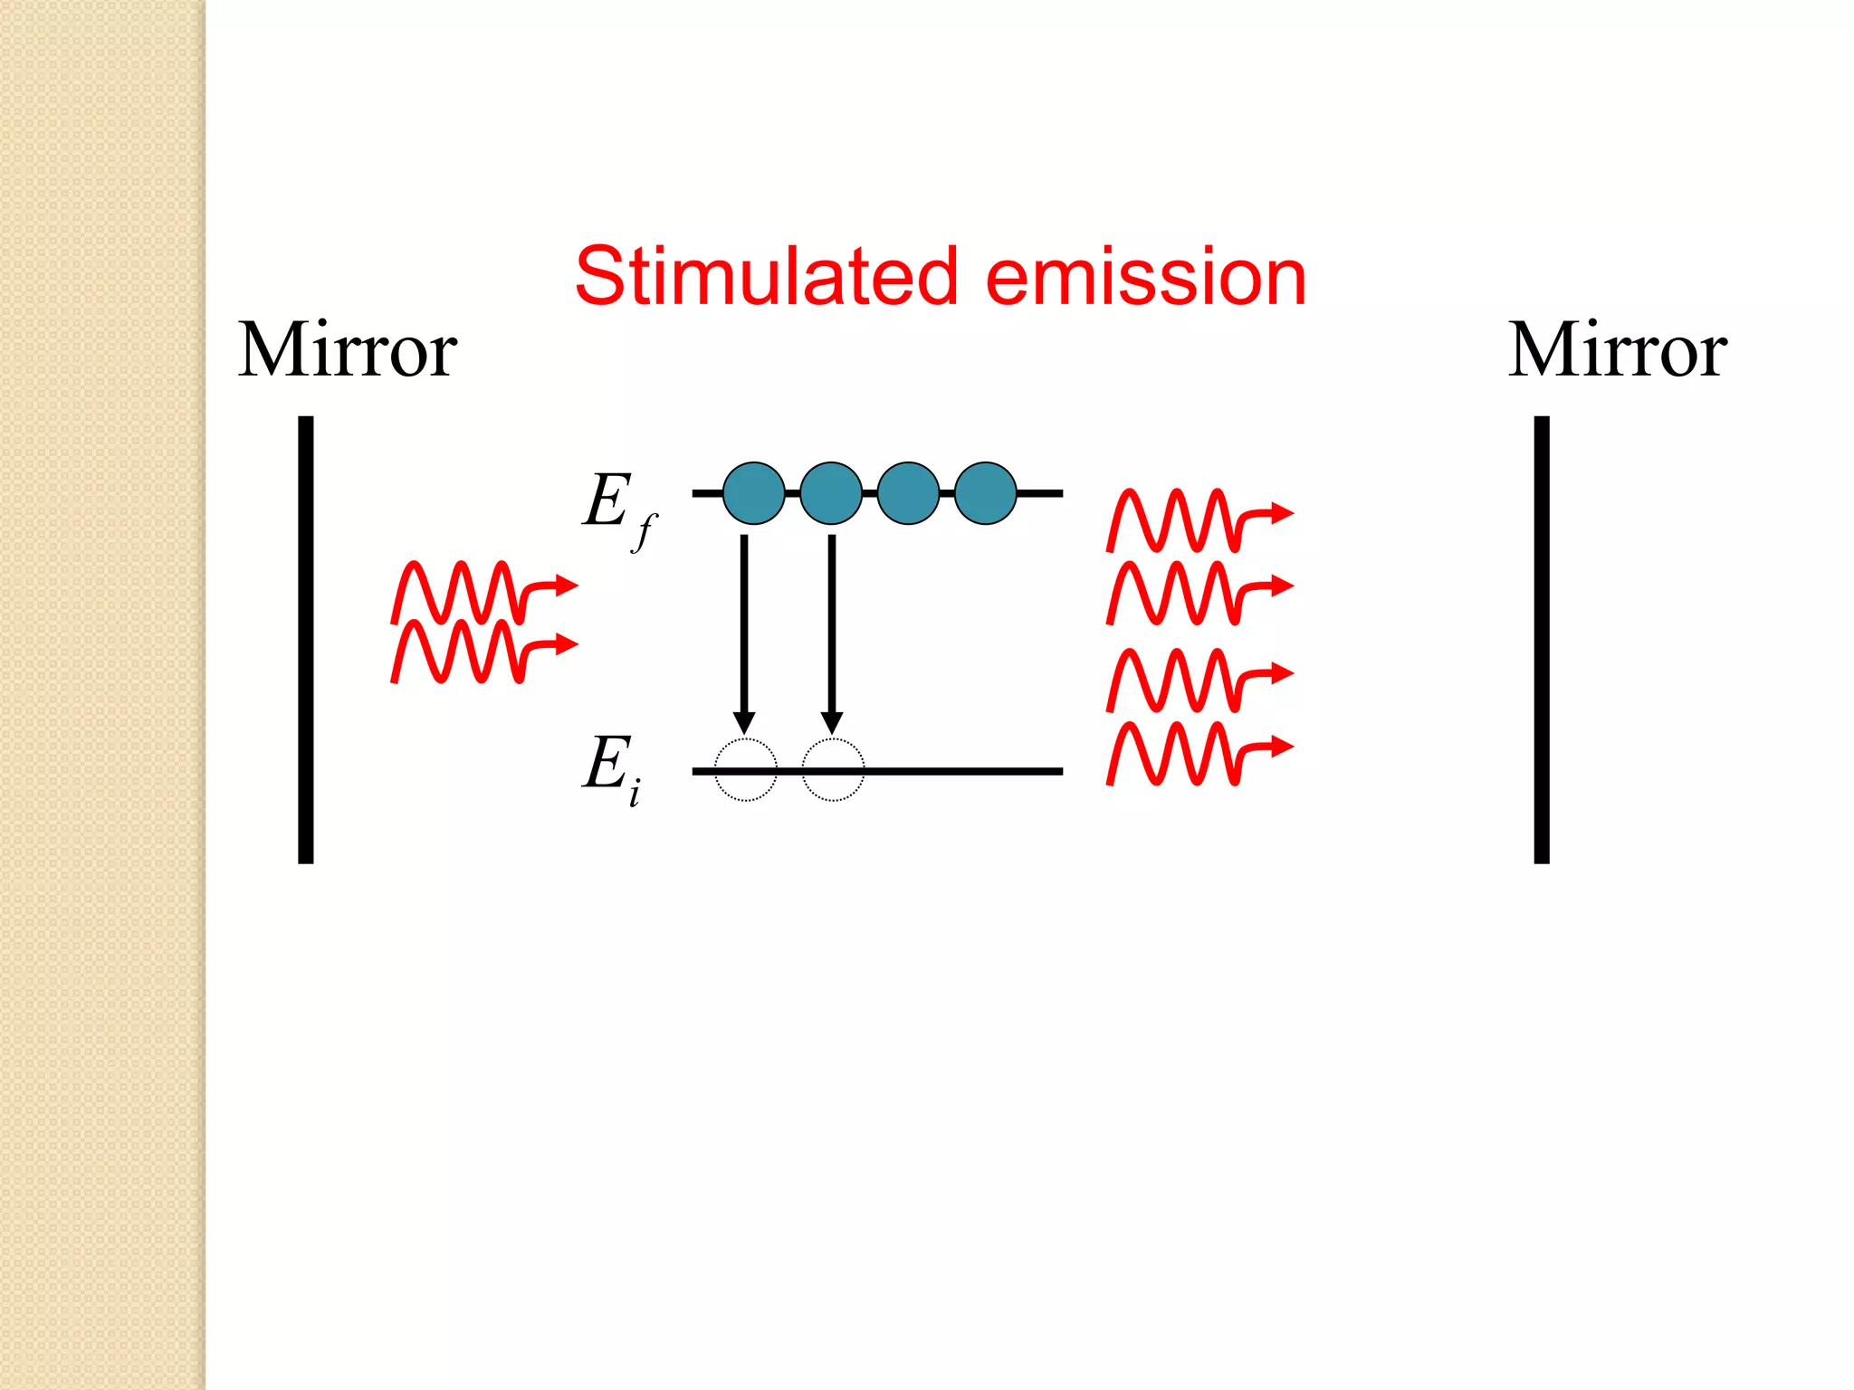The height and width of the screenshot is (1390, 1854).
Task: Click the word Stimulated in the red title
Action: (x=766, y=276)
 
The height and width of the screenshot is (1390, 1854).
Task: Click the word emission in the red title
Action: (x=1145, y=276)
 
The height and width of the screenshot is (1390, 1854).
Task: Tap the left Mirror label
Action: (x=347, y=350)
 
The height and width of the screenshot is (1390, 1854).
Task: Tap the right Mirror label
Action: (x=1617, y=350)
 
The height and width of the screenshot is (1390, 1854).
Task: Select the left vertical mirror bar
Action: (x=306, y=640)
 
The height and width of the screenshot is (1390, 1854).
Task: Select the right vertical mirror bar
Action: (x=1542, y=640)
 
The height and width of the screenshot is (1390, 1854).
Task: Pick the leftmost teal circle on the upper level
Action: (x=754, y=493)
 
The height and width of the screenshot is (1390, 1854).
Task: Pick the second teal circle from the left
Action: (x=831, y=493)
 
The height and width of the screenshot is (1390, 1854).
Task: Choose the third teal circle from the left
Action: (x=908, y=493)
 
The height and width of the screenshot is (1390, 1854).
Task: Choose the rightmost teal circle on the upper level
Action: (x=985, y=493)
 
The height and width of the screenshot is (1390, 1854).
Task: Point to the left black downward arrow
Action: (x=744, y=633)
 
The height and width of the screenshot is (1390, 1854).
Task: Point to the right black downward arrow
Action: (x=832, y=633)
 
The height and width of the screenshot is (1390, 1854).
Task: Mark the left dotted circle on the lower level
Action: (x=746, y=770)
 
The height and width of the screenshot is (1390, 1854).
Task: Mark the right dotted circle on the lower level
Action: (x=833, y=770)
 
